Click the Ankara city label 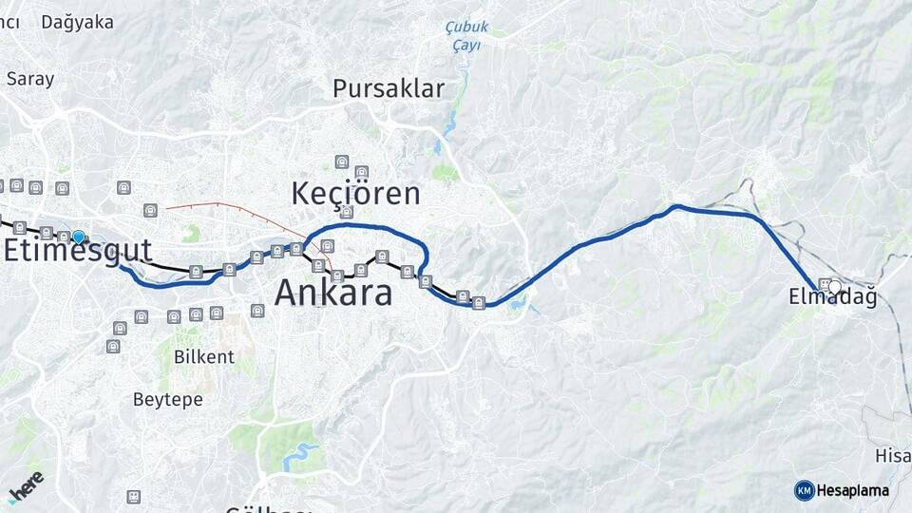pyautogui.click(x=333, y=293)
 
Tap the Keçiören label pyautogui.click(x=355, y=194)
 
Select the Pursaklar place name pyautogui.click(x=389, y=89)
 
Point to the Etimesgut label pyautogui.click(x=78, y=251)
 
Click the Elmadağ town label pyautogui.click(x=832, y=298)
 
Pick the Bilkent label pyautogui.click(x=203, y=357)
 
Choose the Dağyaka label pyautogui.click(x=77, y=22)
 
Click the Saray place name pyautogui.click(x=30, y=79)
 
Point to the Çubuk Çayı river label pyautogui.click(x=465, y=36)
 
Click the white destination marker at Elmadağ pyautogui.click(x=835, y=286)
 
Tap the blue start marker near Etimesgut pyautogui.click(x=78, y=237)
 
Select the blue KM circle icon pyautogui.click(x=804, y=490)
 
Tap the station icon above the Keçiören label pyautogui.click(x=340, y=161)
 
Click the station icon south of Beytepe pyautogui.click(x=134, y=496)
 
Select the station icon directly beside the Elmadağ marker pyautogui.click(x=823, y=284)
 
